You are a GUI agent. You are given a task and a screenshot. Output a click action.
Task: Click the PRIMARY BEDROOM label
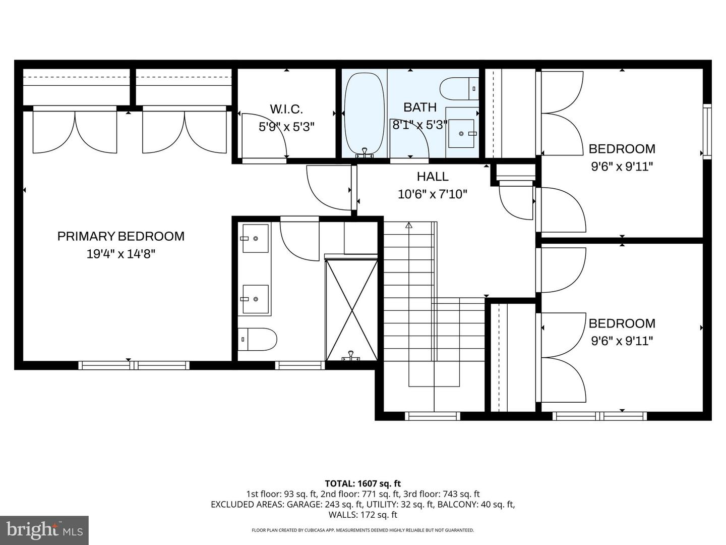(120, 236)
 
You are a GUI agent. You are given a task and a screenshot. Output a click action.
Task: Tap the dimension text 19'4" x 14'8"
(120, 254)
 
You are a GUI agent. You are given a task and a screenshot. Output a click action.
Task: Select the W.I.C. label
(286, 109)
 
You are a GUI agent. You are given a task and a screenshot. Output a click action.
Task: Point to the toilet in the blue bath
(458, 89)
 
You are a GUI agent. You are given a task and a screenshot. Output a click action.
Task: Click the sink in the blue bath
(461, 133)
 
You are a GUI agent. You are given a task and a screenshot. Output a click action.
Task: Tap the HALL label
(433, 177)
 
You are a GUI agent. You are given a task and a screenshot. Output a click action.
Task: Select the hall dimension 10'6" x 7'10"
(433, 194)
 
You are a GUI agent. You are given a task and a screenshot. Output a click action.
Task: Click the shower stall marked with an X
(352, 309)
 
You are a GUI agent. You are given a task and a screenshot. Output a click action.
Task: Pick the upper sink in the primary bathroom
(255, 238)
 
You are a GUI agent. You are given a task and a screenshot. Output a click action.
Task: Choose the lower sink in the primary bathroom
(255, 299)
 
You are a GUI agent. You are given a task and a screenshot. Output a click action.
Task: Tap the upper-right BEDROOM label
(622, 149)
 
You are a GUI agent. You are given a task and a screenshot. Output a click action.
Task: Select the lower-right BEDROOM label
(622, 323)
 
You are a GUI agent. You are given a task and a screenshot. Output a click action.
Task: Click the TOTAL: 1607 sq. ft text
(362, 483)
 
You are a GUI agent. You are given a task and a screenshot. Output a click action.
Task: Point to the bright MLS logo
(44, 530)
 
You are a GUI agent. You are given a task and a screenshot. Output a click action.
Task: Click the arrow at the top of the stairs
(409, 226)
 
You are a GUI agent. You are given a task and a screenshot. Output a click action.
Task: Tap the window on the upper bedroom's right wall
(707, 131)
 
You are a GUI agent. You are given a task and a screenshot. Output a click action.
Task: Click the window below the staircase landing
(433, 416)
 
